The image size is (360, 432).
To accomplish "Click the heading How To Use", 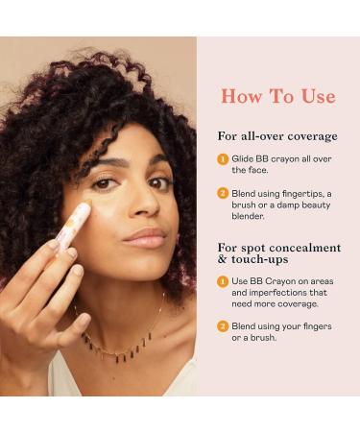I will pos(277,96).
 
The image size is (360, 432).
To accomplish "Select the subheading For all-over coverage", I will pos(277,135).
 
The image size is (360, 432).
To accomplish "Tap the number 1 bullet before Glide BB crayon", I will pos(222,159).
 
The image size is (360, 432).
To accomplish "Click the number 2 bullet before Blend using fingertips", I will pos(222,193).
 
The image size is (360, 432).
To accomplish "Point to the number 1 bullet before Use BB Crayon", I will pos(222,279).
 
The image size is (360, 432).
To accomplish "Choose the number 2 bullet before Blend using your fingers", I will pos(222,325).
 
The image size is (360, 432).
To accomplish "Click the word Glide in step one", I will pos(242,159).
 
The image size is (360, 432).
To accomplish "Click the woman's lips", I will pos(145,236).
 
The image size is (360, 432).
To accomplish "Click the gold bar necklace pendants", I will pos(120,348).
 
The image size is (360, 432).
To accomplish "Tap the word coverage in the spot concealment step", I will pos(298,302).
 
